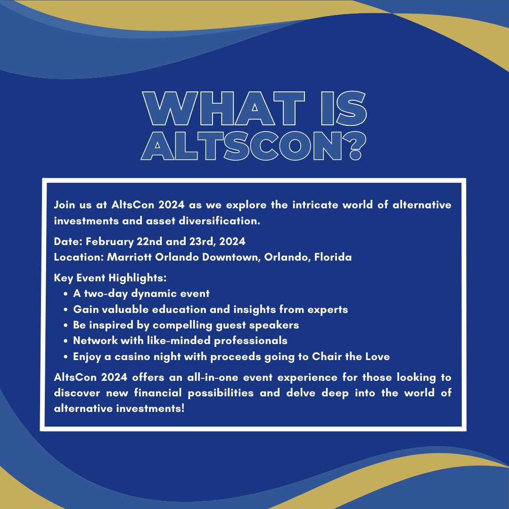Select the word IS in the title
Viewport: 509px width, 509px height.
click(x=344, y=108)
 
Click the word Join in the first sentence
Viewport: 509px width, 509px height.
click(x=64, y=205)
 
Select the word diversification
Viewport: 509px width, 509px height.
click(x=220, y=221)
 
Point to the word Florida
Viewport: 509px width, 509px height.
click(x=333, y=257)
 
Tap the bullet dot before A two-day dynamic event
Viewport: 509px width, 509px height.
click(x=66, y=294)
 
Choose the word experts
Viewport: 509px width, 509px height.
click(x=328, y=310)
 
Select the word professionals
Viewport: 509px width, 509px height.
click(x=251, y=341)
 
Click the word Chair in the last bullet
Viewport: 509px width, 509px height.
click(x=327, y=356)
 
